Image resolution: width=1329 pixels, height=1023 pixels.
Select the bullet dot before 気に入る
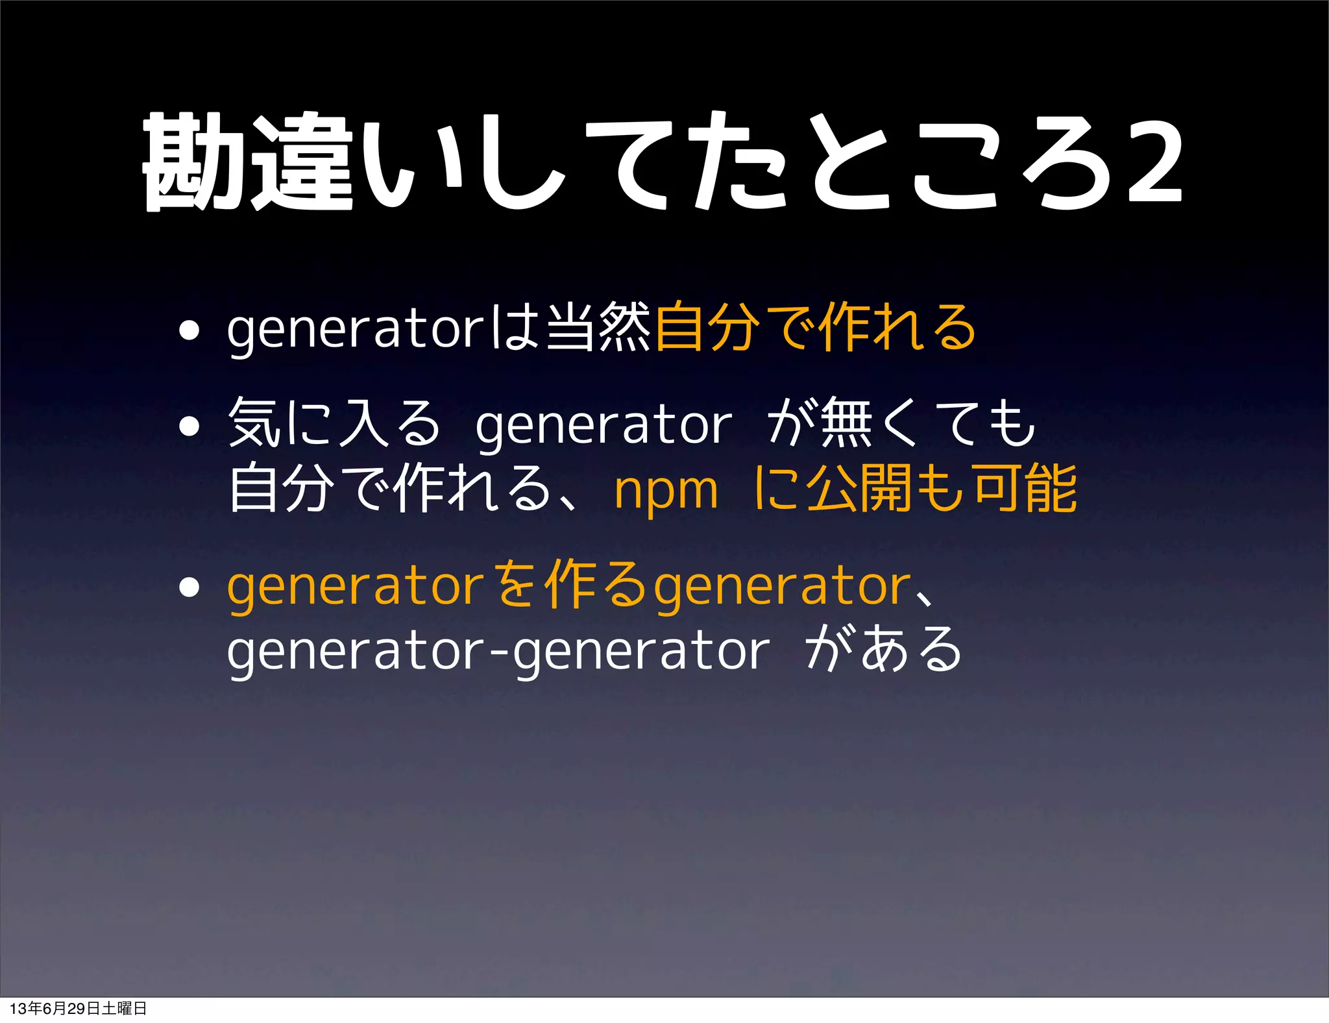pos(189,426)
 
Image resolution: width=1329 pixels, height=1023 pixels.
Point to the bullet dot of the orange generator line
pos(189,587)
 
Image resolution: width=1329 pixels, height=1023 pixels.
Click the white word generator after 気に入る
pos(604,426)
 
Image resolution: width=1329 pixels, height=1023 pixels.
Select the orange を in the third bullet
pos(516,585)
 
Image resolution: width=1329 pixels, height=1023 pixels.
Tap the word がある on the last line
pos(884,649)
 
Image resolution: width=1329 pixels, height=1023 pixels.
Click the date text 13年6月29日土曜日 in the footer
pos(78,1008)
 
